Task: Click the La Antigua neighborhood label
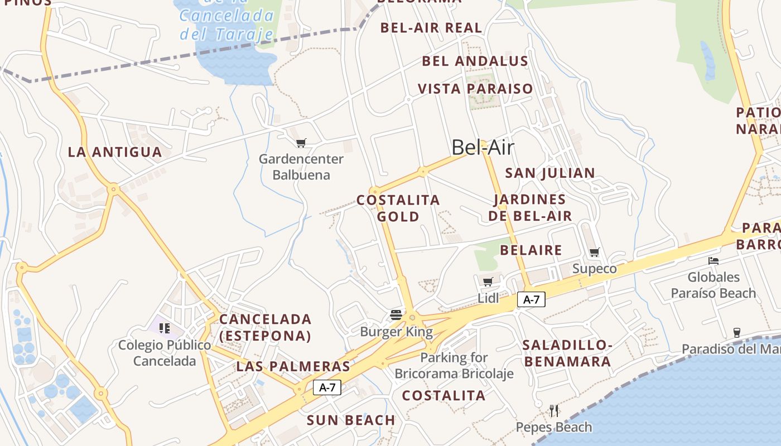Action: coord(115,152)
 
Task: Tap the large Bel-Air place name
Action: coord(483,148)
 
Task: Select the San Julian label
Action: coord(550,173)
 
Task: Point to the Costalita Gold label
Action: coord(398,208)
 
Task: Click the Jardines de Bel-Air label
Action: coord(530,207)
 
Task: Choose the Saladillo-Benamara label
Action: coord(567,353)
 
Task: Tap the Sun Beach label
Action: coord(351,420)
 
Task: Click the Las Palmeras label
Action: coord(293,366)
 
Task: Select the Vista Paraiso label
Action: coord(475,89)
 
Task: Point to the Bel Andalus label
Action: coord(475,61)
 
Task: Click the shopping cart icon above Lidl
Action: coord(488,282)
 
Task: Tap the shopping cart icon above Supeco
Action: coord(595,253)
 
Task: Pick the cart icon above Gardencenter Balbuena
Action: coord(301,143)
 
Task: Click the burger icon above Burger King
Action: coord(396,315)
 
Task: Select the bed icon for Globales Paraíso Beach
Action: coord(713,260)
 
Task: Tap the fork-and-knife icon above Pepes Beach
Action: coord(554,411)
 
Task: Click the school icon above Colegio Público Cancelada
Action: coord(164,328)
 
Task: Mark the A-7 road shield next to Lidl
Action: coord(531,299)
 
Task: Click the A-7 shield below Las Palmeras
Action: coord(327,387)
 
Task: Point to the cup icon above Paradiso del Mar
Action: coord(736,333)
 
